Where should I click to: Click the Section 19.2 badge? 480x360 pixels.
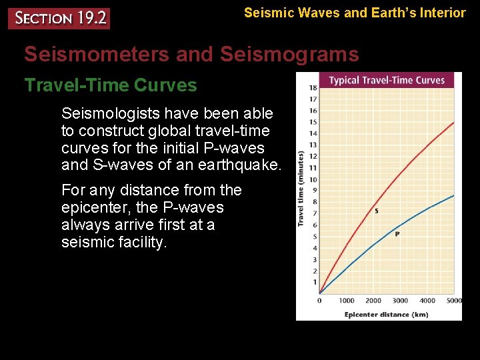click(x=59, y=18)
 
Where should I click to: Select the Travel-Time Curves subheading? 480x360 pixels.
click(x=111, y=85)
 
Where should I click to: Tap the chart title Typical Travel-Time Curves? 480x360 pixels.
click(x=387, y=81)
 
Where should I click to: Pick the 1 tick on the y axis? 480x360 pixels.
click(x=314, y=283)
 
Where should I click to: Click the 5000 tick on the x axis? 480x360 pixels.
click(x=453, y=301)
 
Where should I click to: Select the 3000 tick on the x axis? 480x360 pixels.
click(x=400, y=301)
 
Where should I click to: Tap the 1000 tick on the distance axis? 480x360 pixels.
click(x=347, y=301)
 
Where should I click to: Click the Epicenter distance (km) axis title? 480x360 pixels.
click(x=387, y=314)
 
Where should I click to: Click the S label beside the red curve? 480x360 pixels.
click(x=377, y=211)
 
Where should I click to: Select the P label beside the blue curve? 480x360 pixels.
click(x=397, y=234)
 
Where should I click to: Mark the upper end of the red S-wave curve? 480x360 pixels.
click(x=453, y=123)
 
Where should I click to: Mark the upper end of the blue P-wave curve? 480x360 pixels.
click(x=453, y=195)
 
